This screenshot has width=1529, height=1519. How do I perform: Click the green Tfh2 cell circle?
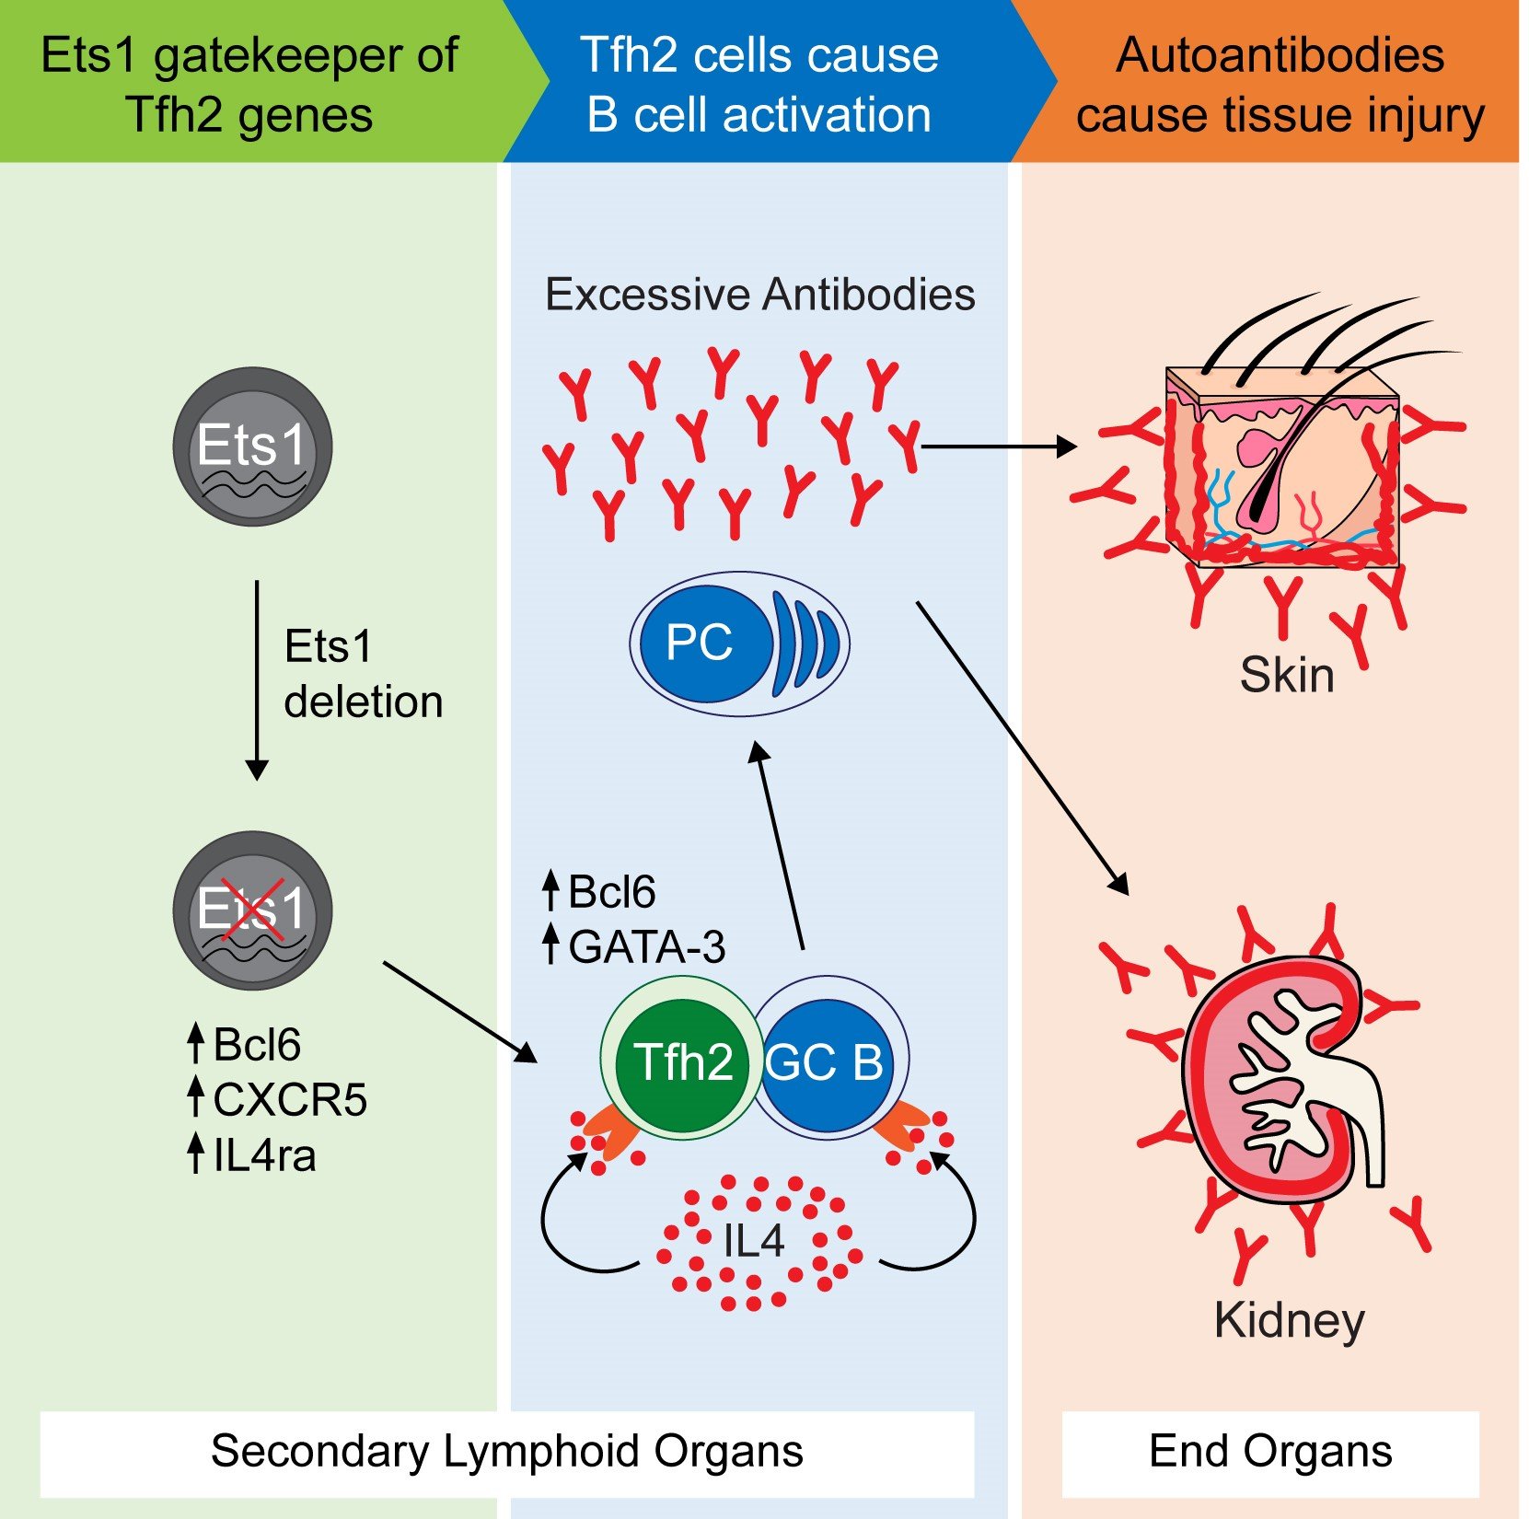tap(682, 1059)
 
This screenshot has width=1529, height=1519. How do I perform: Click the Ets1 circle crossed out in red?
tap(252, 910)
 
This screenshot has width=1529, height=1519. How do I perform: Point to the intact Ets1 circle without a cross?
tap(252, 446)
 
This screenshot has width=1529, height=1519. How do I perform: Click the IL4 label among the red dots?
tap(754, 1240)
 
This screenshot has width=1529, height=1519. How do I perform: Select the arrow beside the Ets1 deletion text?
tap(257, 679)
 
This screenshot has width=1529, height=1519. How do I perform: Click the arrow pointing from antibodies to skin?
tap(998, 446)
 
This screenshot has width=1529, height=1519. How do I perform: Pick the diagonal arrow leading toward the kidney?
tap(1022, 747)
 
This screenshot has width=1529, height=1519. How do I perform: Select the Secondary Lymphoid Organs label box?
tap(507, 1453)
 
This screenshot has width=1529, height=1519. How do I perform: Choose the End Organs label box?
tap(1270, 1453)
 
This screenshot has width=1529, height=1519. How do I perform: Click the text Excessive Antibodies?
tap(759, 295)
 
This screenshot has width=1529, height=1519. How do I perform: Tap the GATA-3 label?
tap(646, 946)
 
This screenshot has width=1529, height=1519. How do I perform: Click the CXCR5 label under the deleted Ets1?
tap(289, 1099)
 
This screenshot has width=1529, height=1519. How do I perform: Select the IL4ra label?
tap(264, 1154)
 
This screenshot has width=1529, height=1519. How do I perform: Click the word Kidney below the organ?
tap(1289, 1320)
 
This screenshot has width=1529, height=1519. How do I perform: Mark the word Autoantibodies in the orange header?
tap(1280, 55)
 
